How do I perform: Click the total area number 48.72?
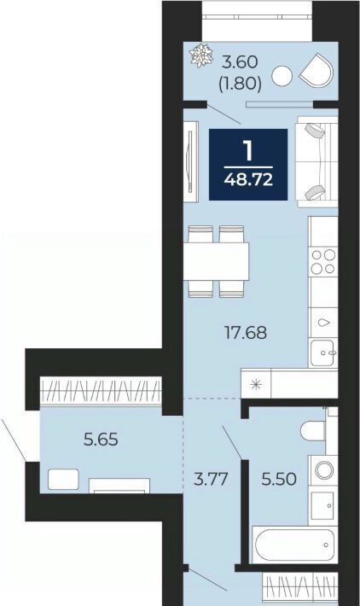coord(248,180)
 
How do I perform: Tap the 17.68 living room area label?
coord(246,332)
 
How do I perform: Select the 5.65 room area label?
coord(101,440)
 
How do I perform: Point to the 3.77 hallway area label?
coord(211,479)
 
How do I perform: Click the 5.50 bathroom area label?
coord(279,479)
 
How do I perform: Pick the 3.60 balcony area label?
coord(241,61)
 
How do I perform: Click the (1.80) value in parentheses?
coord(241,83)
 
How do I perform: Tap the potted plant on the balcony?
coord(201,55)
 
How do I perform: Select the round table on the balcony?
coord(282,76)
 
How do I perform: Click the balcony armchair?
coord(316,70)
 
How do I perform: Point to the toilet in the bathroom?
coord(314,430)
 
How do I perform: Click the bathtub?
coord(294,545)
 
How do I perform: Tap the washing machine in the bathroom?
coord(324,471)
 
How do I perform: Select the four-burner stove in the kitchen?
coord(323,262)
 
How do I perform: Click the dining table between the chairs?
coord(216,262)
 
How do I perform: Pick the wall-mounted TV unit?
coord(191,161)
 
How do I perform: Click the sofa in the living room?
coord(316,162)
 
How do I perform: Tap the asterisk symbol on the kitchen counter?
coord(256,385)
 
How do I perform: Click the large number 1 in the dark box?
coord(247,150)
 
